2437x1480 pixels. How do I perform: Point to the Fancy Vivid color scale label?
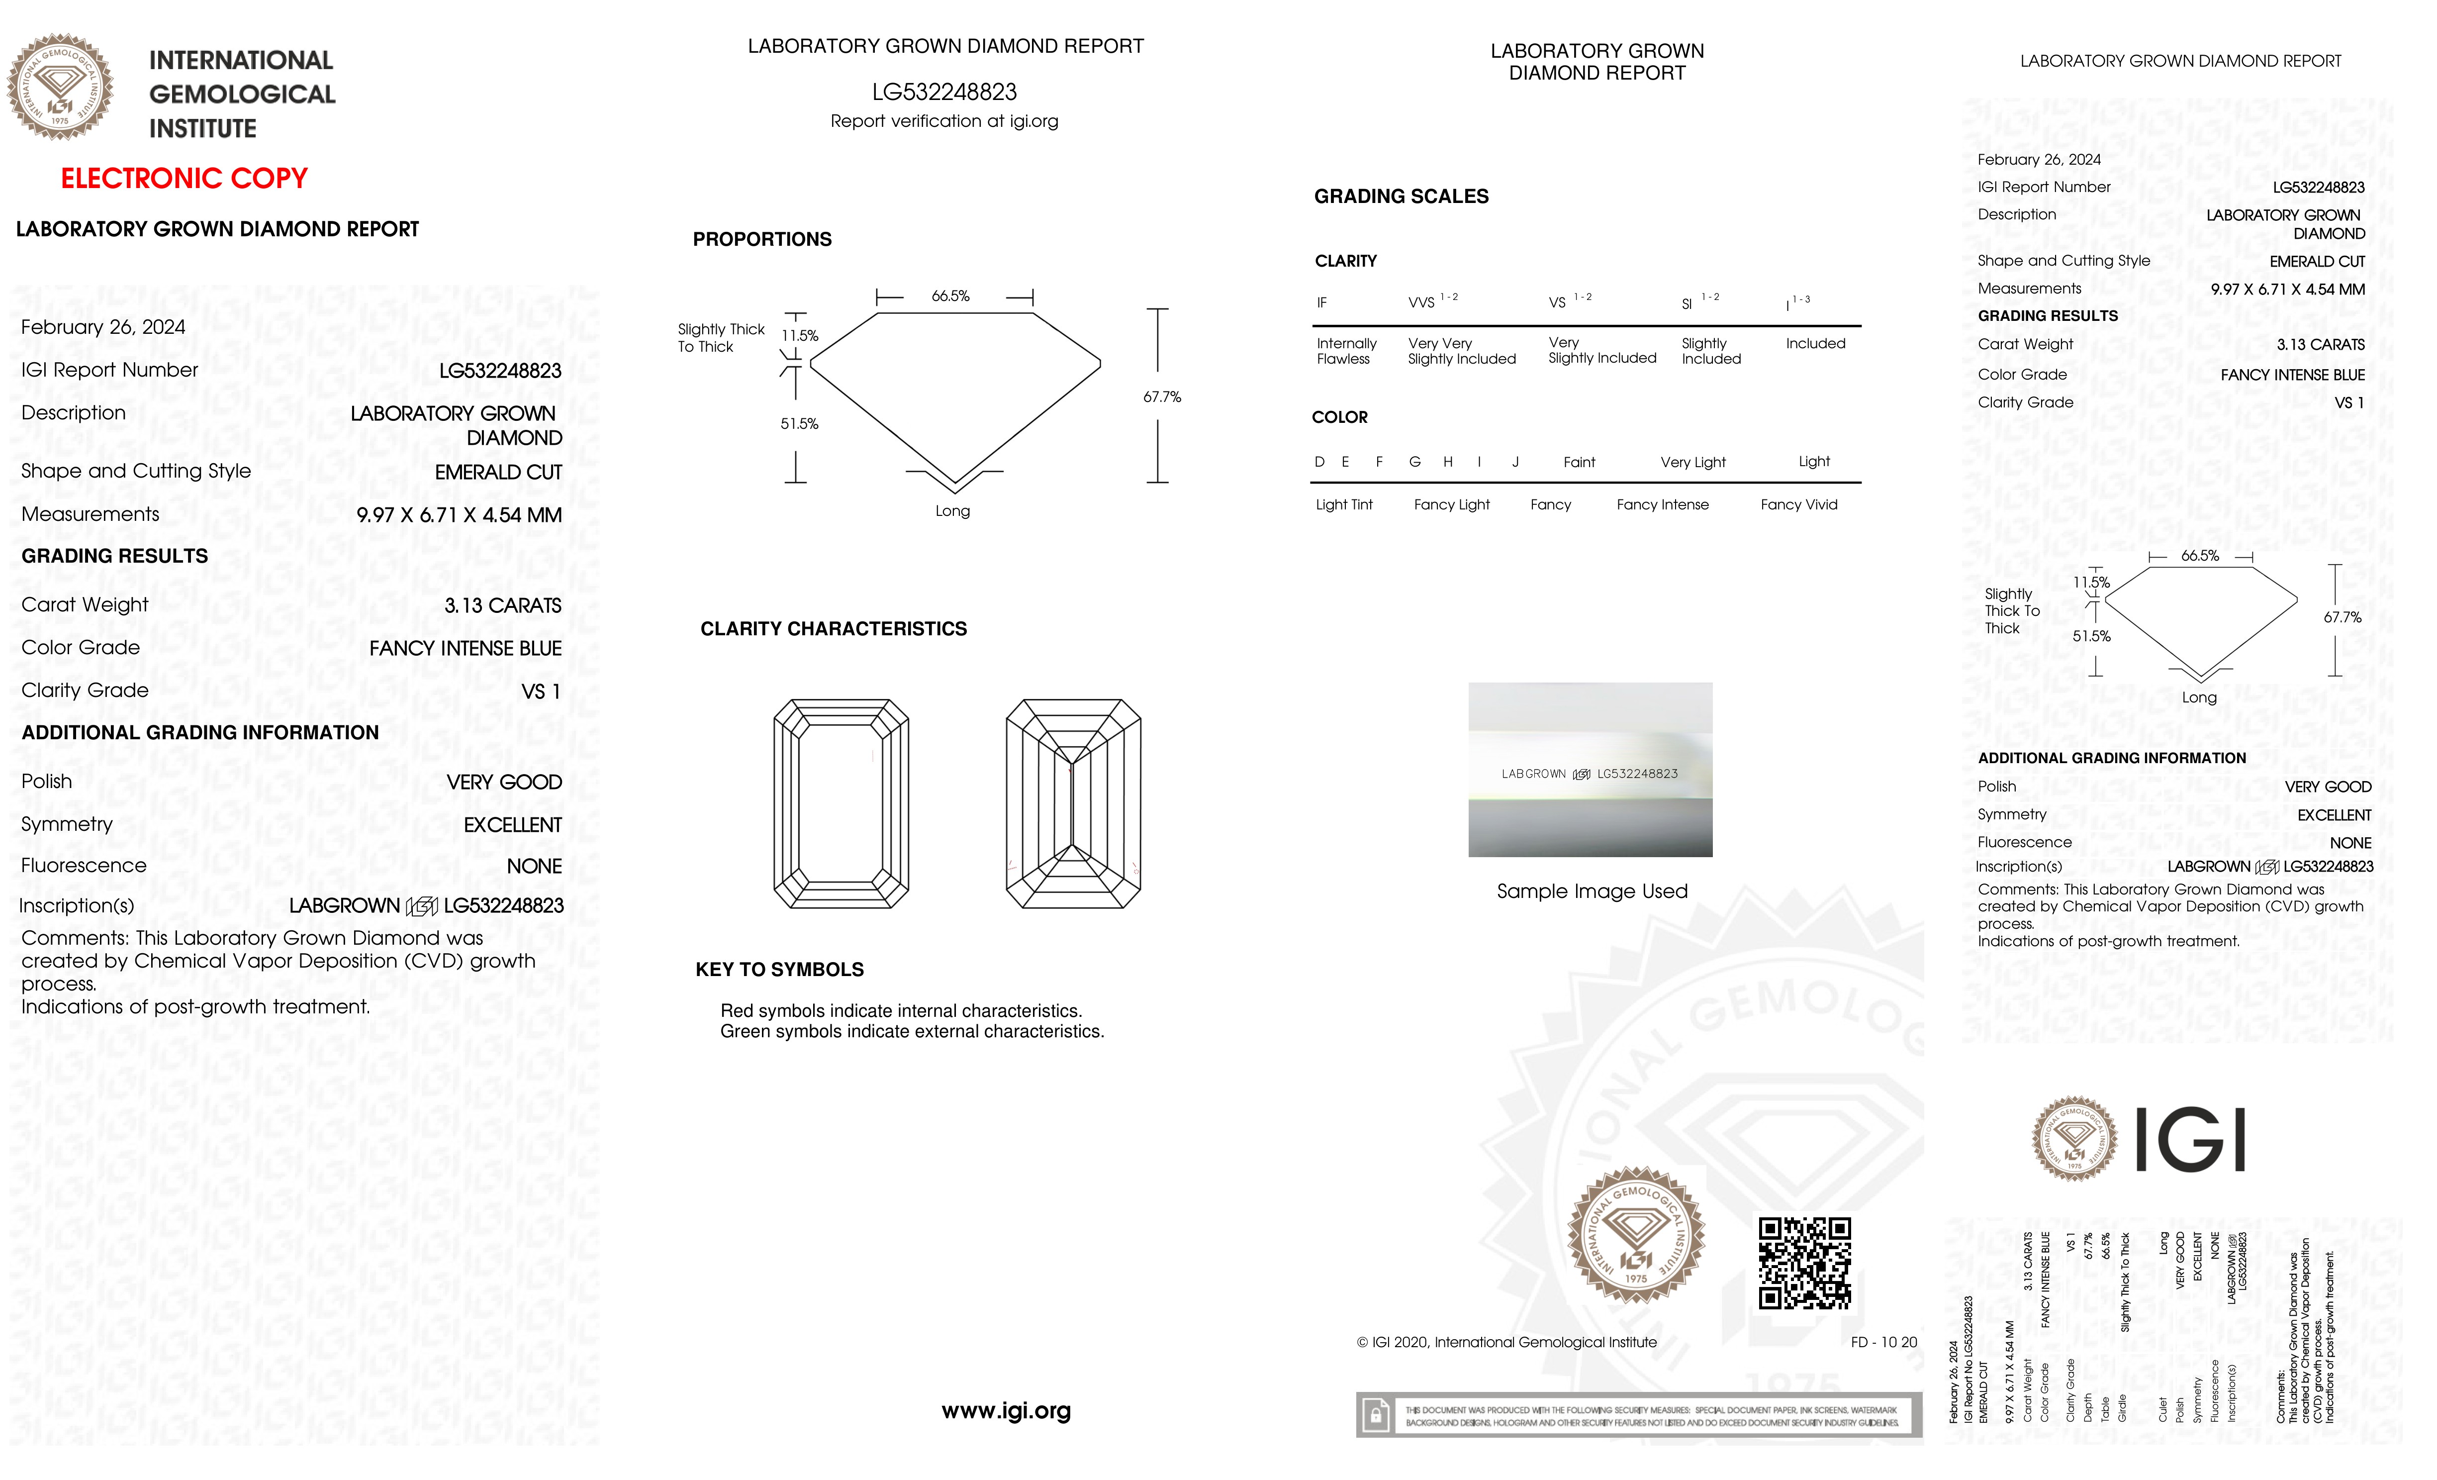coord(1798,504)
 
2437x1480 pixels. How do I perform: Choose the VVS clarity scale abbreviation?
coord(1421,302)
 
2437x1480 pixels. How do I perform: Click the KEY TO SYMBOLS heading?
coord(779,970)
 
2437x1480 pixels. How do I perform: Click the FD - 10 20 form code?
coord(1883,1343)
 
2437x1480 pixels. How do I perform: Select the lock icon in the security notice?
coord(1375,1416)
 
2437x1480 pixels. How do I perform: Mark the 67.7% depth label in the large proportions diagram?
coord(1161,396)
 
